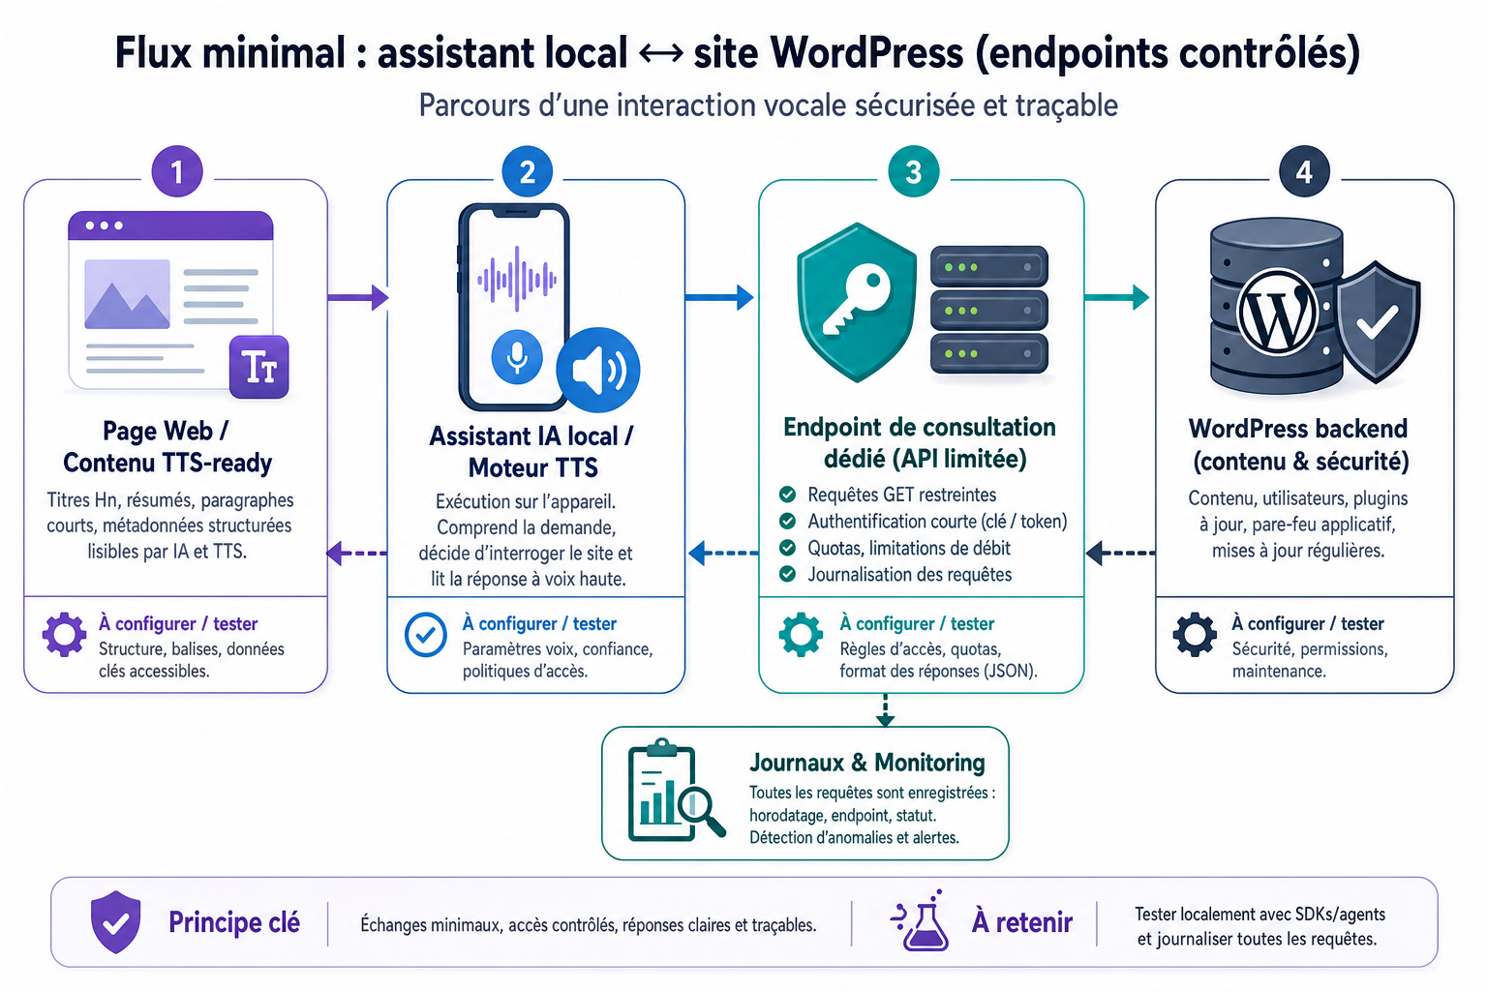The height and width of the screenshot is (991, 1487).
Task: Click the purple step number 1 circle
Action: pos(176,171)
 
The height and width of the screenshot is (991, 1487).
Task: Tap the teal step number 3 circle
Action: pos(914,171)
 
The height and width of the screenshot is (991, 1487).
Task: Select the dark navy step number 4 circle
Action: pos(1304,171)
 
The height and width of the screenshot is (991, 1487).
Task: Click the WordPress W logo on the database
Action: pos(1277,311)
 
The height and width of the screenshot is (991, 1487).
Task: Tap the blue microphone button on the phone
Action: pos(516,356)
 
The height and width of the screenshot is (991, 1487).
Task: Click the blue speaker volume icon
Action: pos(598,370)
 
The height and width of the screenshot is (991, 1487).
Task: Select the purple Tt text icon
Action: pos(258,367)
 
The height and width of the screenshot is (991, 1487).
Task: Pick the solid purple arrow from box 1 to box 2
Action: pos(358,297)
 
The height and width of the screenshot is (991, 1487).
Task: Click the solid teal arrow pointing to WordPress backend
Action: pos(1116,297)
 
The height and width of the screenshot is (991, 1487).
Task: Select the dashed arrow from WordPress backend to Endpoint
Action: pos(1120,553)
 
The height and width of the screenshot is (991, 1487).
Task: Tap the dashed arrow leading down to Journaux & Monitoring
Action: pos(885,709)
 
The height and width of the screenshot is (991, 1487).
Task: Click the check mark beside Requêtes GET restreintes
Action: pos(787,495)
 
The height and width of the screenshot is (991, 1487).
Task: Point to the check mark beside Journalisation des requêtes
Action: pos(787,574)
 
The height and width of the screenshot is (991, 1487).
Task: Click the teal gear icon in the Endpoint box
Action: pos(801,635)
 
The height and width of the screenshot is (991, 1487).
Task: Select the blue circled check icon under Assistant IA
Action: pos(426,635)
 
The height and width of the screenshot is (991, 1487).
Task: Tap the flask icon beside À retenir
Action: pos(920,920)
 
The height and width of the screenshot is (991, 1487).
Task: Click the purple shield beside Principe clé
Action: pos(115,921)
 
